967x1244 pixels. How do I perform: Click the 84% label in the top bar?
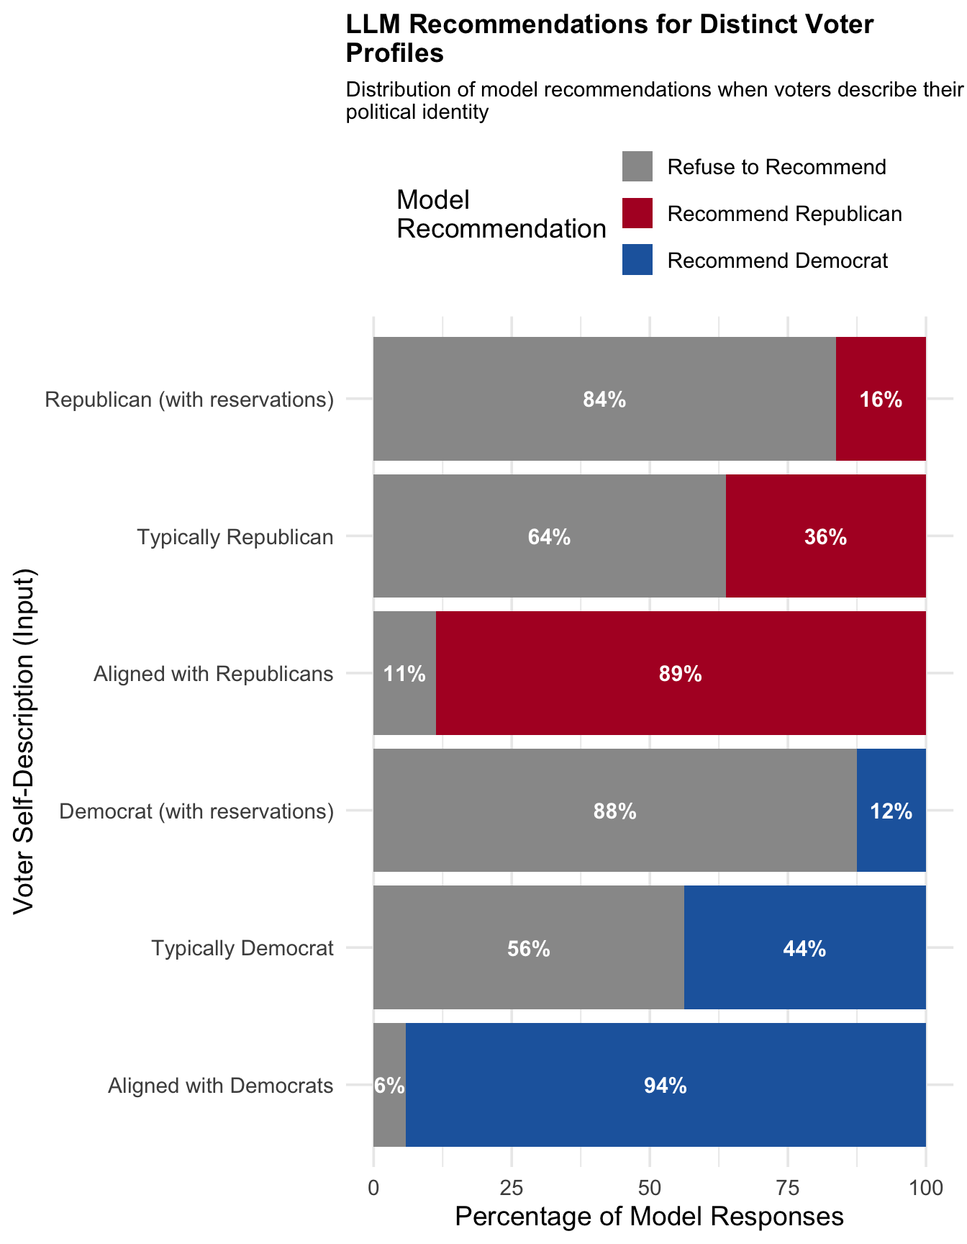pos(604,400)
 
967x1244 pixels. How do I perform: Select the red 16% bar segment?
pos(881,400)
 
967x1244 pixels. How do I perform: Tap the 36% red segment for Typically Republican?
pos(825,537)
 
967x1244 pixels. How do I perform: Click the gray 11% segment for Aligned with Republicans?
pos(404,675)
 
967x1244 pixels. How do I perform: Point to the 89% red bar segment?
pos(680,675)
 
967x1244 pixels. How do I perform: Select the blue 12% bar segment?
pos(891,811)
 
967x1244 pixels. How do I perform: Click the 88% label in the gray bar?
pos(614,812)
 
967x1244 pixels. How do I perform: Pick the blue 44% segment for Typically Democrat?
pos(804,949)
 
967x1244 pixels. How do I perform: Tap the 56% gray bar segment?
pos(529,949)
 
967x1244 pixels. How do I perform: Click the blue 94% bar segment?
pos(666,1086)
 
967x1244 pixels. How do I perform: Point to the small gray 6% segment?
pos(389,1086)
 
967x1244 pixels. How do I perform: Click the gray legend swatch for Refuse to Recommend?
pos(637,166)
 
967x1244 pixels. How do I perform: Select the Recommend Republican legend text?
pos(784,214)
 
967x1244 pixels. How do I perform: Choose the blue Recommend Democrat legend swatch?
pos(637,260)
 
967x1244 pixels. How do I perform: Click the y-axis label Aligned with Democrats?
pos(221,1086)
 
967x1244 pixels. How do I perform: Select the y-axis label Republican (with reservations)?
pos(189,400)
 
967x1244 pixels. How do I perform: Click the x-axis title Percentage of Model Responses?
pos(649,1217)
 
